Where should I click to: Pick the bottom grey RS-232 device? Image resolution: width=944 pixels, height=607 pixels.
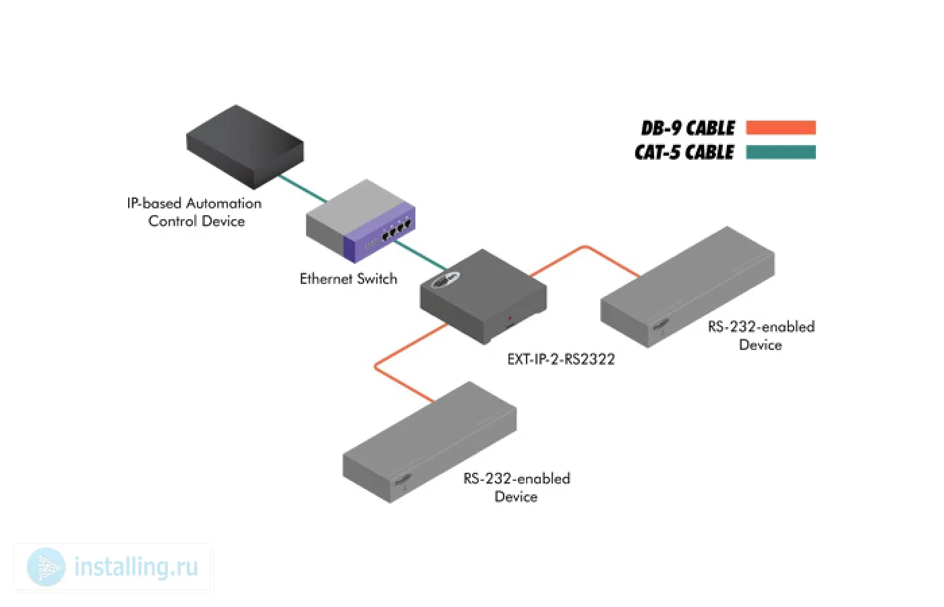coord(430,442)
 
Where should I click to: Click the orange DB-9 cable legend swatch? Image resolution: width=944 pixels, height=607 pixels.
coord(781,127)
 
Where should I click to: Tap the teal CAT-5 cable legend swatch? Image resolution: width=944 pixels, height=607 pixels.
coord(781,152)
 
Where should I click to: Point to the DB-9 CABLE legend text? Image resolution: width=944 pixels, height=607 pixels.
coord(688,128)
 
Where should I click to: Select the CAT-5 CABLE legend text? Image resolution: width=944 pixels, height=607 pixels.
coord(684,152)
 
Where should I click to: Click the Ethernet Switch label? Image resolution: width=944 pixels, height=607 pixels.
coord(348,279)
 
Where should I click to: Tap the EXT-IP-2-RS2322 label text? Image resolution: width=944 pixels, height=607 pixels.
coord(561,359)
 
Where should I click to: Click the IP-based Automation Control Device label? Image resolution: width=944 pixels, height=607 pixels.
coord(194,212)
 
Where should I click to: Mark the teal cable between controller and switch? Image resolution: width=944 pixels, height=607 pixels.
coord(303,188)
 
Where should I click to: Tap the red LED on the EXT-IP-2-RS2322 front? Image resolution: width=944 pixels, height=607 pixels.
coord(510,318)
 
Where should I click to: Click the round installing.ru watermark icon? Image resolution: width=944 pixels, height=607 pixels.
coord(46,567)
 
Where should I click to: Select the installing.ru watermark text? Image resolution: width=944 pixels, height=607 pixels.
coord(136,567)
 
